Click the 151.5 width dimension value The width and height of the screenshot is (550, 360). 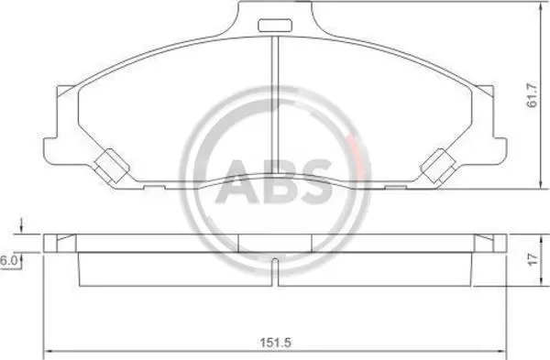click(x=276, y=342)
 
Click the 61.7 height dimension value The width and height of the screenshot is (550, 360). click(x=532, y=95)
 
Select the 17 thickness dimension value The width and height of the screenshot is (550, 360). click(x=533, y=260)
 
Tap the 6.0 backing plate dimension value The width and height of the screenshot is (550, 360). click(x=7, y=261)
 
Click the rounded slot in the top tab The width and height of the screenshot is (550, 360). click(x=275, y=26)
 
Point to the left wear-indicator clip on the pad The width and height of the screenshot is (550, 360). click(x=111, y=166)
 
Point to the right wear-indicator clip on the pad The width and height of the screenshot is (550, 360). click(x=438, y=166)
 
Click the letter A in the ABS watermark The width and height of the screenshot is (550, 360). click(x=237, y=181)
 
